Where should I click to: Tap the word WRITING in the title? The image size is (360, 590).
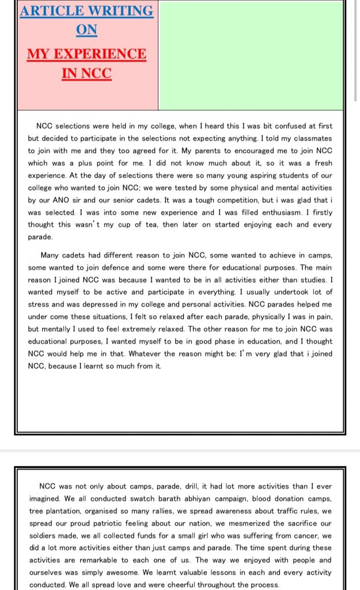tap(121, 11)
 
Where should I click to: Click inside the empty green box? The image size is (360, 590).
tap(251, 55)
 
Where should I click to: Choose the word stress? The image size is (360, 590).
tap(40, 305)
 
